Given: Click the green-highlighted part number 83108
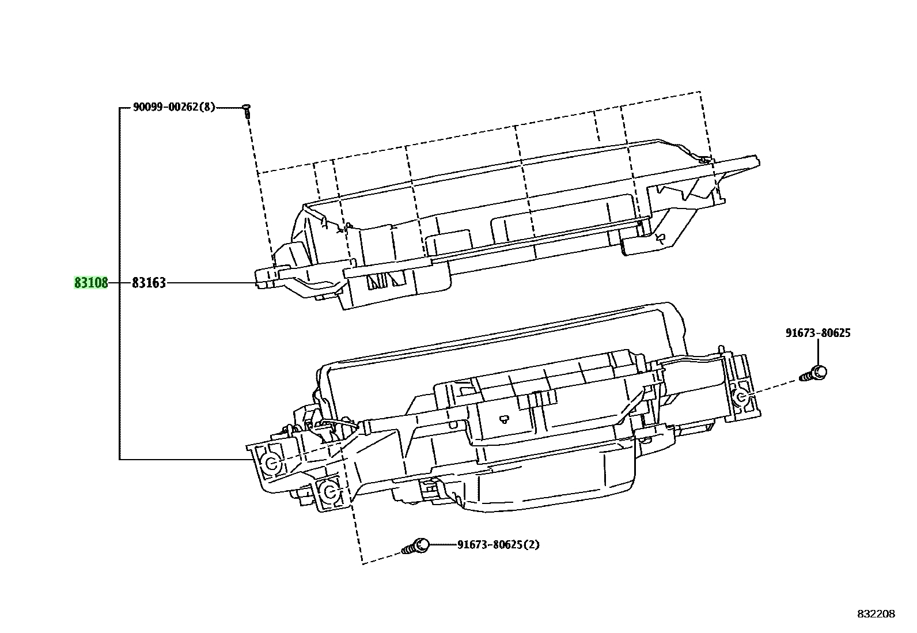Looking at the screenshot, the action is click(91, 283).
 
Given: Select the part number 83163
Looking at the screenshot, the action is click(149, 283).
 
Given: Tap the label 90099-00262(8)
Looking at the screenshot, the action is click(174, 107).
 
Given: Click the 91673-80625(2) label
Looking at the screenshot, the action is click(498, 544).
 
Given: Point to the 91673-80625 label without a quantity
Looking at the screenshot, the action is click(818, 333).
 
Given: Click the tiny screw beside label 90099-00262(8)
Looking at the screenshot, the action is click(247, 111).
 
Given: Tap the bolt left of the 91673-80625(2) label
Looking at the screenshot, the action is click(415, 547).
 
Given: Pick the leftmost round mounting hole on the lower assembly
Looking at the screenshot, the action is click(271, 464).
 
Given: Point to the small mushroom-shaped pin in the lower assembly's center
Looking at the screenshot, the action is click(505, 419).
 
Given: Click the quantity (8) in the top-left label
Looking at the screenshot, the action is click(208, 107).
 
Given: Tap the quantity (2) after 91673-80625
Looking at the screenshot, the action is click(532, 544).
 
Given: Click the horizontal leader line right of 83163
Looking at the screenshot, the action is click(211, 283).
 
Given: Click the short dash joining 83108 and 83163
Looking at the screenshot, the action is click(120, 283).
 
